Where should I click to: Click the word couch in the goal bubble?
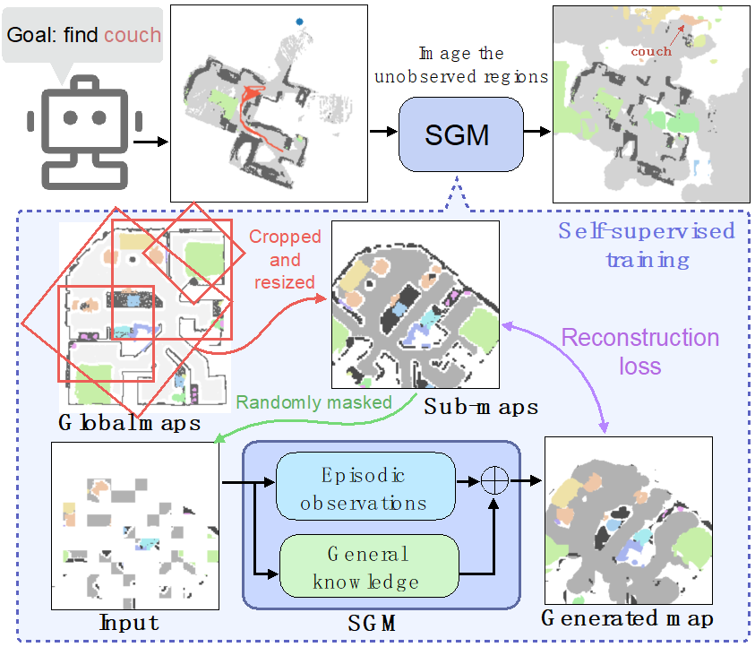[133, 36]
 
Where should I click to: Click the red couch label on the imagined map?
[650, 51]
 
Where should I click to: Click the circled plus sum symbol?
[493, 481]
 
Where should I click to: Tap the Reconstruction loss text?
[639, 351]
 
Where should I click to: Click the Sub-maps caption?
[480, 407]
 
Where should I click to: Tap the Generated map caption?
[627, 617]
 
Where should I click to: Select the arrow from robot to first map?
[150, 141]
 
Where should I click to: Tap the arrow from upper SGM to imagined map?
[536, 132]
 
